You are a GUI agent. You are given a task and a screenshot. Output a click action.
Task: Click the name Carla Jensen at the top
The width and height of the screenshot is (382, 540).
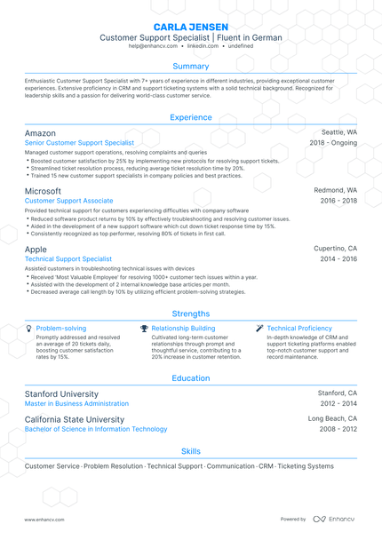tap(191, 27)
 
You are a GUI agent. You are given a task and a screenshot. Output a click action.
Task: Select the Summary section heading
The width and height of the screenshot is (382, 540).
tap(191, 67)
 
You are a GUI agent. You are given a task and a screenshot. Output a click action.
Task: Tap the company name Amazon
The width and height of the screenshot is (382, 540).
tap(40, 132)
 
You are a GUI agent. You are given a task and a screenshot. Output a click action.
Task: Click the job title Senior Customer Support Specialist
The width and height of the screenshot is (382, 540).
tap(80, 142)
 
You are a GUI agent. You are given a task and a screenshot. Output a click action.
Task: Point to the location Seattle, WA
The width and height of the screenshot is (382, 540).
tap(338, 132)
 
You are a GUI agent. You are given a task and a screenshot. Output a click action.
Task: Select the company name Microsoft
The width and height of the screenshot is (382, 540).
tap(43, 191)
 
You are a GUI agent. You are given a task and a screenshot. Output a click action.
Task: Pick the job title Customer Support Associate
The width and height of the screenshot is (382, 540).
tap(69, 201)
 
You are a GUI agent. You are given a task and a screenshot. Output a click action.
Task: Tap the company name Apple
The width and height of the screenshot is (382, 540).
tap(36, 250)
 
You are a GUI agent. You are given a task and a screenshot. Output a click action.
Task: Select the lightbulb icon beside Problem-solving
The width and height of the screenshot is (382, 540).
tap(29, 328)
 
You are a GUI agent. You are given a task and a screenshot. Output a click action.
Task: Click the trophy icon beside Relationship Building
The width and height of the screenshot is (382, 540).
tap(144, 328)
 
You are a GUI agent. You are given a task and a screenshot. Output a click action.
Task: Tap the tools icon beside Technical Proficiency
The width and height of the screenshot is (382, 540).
tap(259, 328)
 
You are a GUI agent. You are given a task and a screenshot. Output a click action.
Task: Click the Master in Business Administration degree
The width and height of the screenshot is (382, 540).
tap(76, 402)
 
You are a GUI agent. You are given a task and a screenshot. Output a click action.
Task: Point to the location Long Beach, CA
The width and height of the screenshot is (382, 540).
tap(332, 418)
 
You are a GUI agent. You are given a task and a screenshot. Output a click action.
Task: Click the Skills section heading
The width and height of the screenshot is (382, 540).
tap(191, 451)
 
